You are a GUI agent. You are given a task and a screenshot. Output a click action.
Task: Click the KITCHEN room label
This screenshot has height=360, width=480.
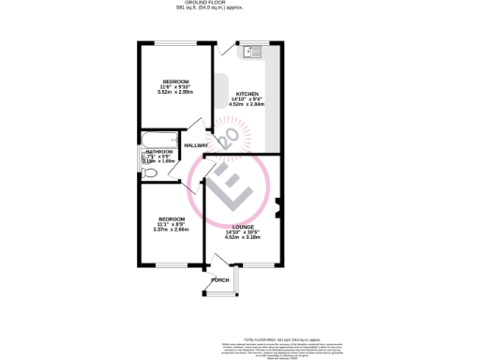[x=247, y=94]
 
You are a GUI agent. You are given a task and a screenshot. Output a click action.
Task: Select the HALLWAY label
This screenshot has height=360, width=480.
[x=196, y=145]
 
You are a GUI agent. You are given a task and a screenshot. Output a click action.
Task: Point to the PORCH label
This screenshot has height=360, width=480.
[x=220, y=280]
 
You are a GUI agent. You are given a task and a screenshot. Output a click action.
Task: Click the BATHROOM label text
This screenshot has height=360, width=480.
[x=158, y=152]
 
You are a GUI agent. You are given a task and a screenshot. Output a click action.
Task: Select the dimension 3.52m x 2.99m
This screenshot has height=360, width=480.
[x=174, y=92]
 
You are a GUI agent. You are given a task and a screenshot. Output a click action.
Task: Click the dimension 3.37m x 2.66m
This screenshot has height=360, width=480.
[x=171, y=229]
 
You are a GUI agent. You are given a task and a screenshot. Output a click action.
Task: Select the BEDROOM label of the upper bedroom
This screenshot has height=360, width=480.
[x=175, y=82]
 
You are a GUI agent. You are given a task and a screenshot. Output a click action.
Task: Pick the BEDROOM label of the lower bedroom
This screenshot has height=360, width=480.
[x=171, y=218]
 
